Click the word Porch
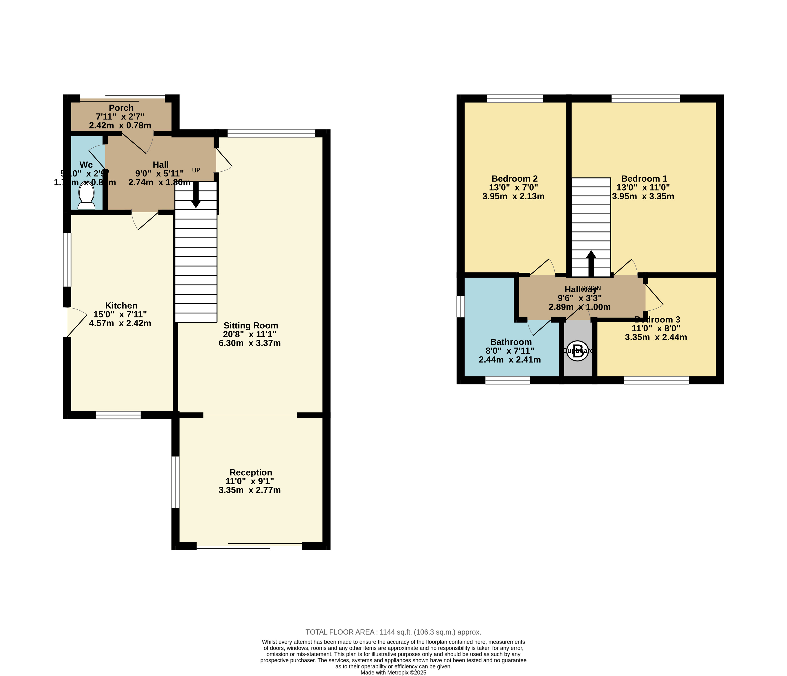121,108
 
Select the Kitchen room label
121,306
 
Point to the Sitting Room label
251,325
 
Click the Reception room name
251,472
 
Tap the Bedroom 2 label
514,178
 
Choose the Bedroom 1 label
644,178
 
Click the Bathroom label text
511,342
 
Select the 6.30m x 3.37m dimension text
250,343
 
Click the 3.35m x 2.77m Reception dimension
250,490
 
